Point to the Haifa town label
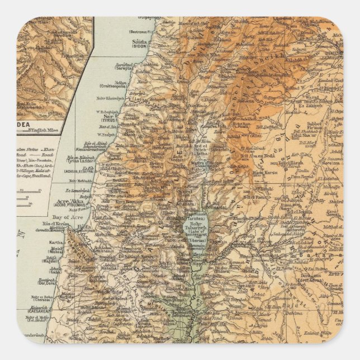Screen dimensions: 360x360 pos(83,227)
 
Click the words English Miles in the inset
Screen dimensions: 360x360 pos(51,131)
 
